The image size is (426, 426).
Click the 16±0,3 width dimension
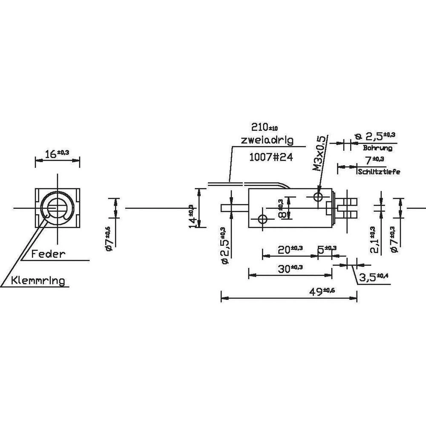pos(57,154)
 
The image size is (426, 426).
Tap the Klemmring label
pos(38,281)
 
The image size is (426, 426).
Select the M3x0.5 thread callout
pos(320,153)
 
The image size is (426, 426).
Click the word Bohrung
pos(377,148)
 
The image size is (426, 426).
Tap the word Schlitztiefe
pos(379,172)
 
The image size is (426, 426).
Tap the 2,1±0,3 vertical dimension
pos(374,239)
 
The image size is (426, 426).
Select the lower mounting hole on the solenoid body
pos(262,219)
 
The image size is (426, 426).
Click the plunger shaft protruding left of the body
pos(235,208)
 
